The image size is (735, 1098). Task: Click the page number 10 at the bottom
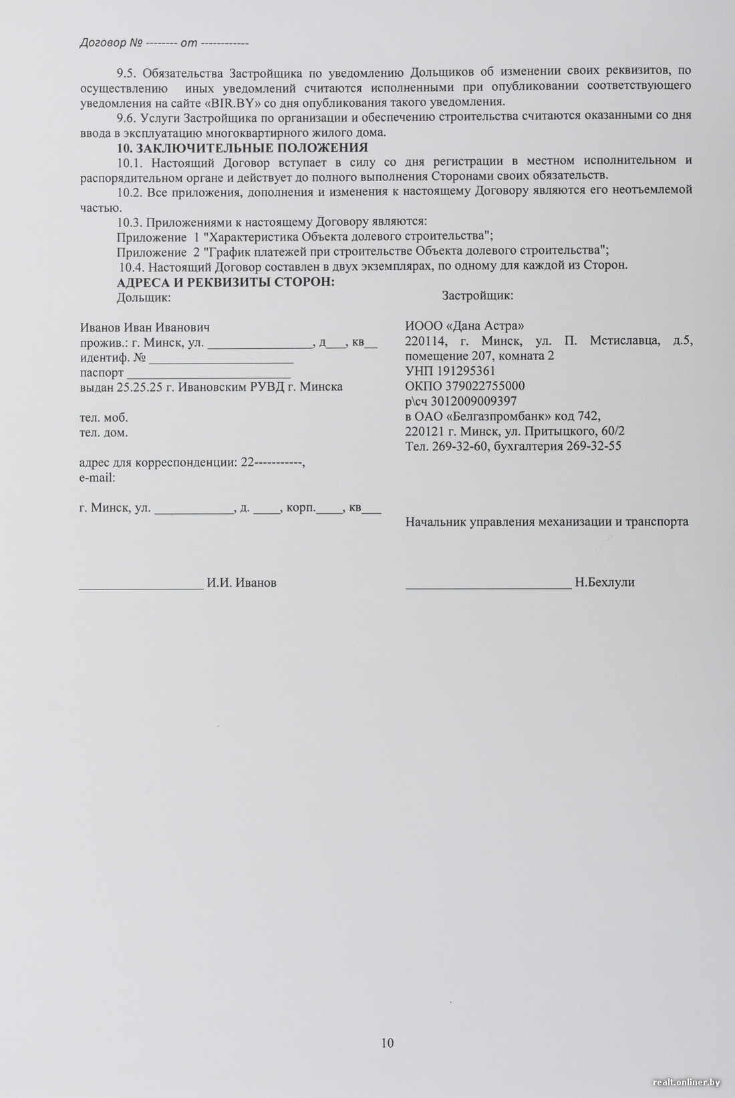(388, 1043)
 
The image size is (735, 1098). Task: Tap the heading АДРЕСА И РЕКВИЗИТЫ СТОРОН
(226, 281)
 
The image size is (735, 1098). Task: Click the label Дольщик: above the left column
(144, 297)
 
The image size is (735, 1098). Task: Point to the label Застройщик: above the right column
(478, 295)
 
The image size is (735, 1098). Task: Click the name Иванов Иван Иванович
(145, 327)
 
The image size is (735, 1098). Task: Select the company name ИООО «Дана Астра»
(464, 325)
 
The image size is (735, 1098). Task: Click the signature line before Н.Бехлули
(488, 587)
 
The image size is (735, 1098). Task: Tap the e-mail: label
(97, 478)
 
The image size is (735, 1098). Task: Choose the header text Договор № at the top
(111, 43)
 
